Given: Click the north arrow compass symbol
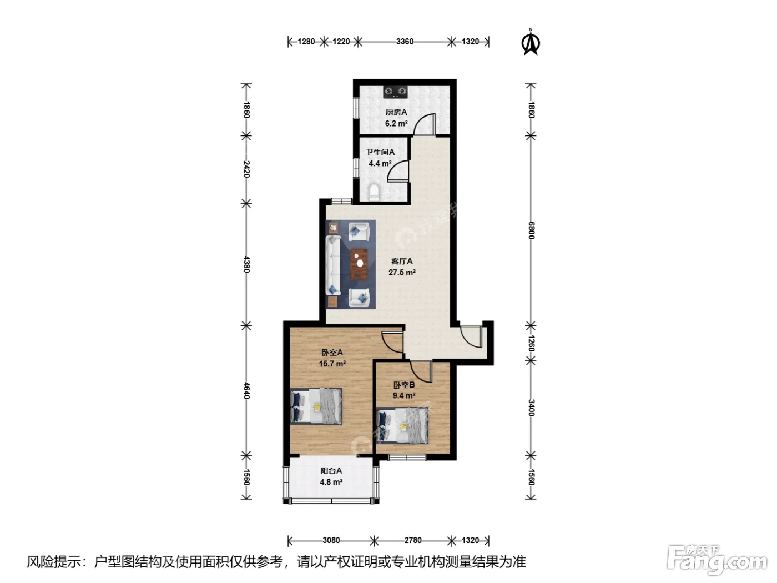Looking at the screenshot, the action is coord(530,43).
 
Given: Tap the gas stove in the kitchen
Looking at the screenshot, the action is coord(395,92).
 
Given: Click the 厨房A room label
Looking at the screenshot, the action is coord(396,112).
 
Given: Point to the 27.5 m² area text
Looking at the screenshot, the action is coord(402,272).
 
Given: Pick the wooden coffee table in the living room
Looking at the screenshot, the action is coord(359,264).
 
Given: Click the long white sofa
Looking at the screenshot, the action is coord(333,265).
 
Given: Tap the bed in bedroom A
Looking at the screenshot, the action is coord(316,406).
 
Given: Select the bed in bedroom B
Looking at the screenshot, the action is coord(402,425).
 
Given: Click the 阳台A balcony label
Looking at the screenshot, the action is coord(331,471).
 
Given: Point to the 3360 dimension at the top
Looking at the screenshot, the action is coord(405,42).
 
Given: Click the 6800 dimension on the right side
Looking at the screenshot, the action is coord(531,230).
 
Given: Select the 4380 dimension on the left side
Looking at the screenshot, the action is coord(247,264).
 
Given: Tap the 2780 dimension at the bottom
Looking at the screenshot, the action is coord(413,540).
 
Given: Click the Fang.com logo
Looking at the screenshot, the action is coord(718,560).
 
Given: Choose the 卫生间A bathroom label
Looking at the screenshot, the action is coord(380,152).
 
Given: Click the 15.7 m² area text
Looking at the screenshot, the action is coord(332,364).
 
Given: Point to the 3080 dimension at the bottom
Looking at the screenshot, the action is coord(331,540).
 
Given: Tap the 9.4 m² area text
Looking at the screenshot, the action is coord(404,395).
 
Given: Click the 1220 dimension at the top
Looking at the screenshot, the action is coord(341,42).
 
